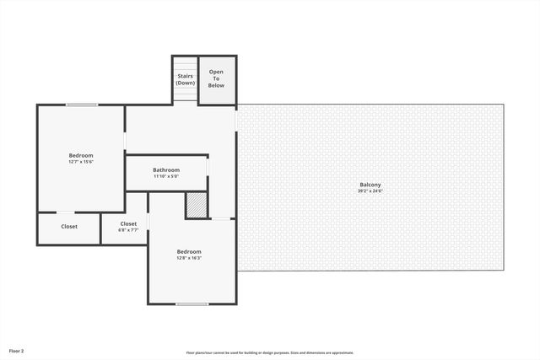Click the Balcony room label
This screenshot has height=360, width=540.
pos(370,185)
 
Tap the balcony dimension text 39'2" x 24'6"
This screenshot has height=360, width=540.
pos(370,191)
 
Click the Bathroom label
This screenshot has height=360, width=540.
pos(166,170)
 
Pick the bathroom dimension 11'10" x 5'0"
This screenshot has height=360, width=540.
pos(166,177)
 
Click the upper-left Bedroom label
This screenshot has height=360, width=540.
pos(81,155)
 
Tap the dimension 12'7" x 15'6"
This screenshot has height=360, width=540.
pos(81,162)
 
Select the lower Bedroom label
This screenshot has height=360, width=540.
pos(189,251)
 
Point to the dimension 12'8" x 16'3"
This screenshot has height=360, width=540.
pos(189,258)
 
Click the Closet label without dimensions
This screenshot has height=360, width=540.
pos(69,227)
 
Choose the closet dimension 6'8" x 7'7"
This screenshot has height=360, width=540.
pos(128,230)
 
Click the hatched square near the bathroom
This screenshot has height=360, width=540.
pos(196,206)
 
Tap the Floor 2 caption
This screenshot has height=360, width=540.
pos(17,350)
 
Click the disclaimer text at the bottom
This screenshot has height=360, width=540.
pos(270,352)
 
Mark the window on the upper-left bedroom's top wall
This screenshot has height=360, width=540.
pos(82,105)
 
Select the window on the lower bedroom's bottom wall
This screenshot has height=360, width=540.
pos(192,304)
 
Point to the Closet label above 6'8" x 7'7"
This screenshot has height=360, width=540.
pos(128,223)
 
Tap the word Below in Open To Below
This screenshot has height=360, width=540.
pos(216,86)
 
